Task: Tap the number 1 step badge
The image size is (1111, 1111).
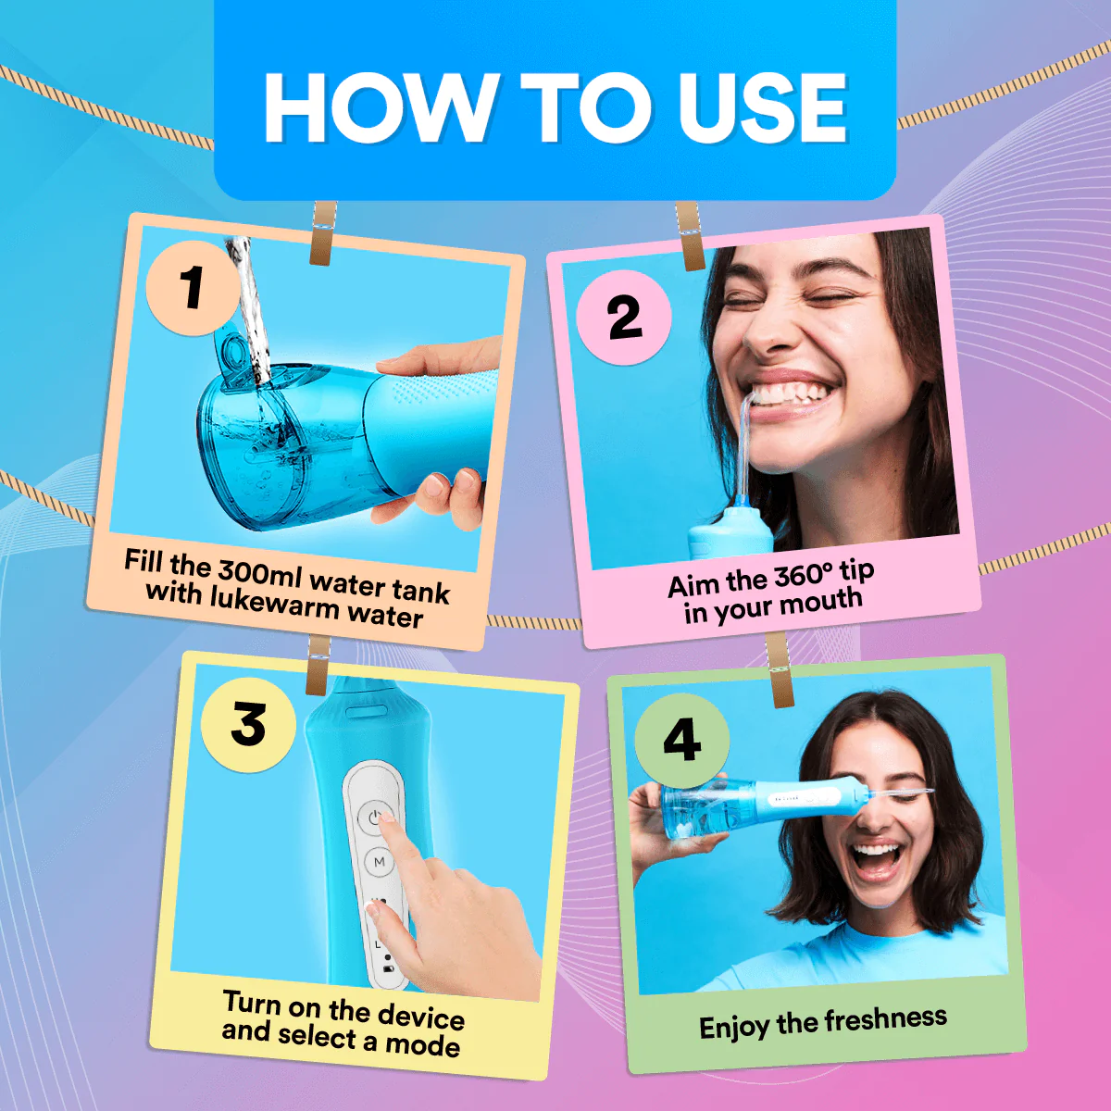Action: click(x=193, y=287)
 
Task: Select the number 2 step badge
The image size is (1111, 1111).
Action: click(x=624, y=318)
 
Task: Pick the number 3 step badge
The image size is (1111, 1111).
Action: click(x=248, y=724)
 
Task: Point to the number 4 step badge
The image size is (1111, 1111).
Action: click(x=681, y=741)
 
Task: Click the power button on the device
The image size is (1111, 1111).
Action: click(x=374, y=816)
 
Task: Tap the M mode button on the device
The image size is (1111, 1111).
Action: click(x=379, y=862)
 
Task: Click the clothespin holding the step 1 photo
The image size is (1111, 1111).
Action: click(x=322, y=233)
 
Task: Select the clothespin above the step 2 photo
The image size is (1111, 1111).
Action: click(x=690, y=237)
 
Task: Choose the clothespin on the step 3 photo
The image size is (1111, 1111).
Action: click(x=317, y=665)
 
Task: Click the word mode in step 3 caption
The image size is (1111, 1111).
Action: click(x=422, y=1045)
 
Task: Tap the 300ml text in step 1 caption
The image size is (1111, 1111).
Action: click(x=260, y=572)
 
